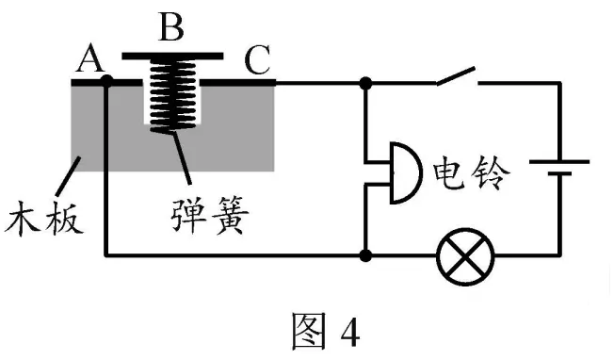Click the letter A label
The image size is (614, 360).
coord(90,60)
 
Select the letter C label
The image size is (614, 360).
coord(257,59)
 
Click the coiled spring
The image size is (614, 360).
coord(172,95)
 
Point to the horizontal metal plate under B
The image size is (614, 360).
coord(172,56)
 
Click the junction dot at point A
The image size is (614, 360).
coord(106,82)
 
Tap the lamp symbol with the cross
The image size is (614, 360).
coord(465,256)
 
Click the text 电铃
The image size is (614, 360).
coord(471,172)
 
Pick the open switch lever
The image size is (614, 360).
coord(456,75)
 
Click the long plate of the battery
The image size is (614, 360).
coord(559,161)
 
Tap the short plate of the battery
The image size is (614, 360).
coord(559,173)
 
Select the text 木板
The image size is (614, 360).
coord(44,219)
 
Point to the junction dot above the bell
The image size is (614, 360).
coord(365,83)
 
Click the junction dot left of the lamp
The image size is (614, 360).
coord(365,256)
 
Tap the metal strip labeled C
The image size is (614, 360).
coord(238,83)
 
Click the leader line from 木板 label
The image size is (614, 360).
coord(68,176)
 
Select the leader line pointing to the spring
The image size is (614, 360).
coord(182,158)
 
